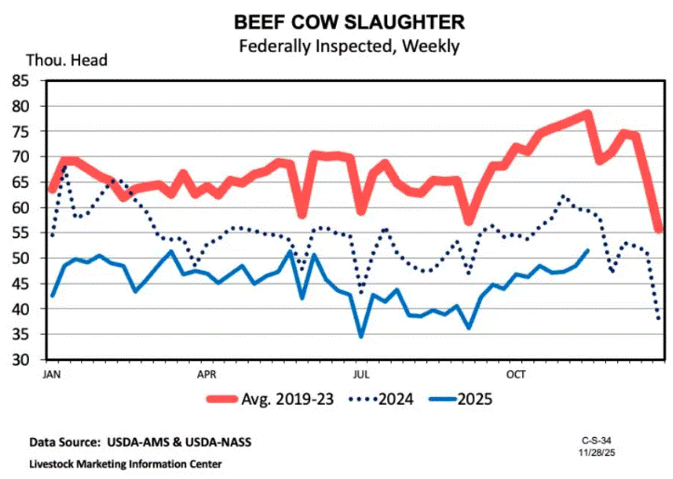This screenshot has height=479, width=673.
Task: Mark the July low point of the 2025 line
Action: point(361,336)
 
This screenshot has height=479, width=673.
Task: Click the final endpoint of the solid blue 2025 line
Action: point(586,250)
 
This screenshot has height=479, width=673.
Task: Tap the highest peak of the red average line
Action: point(587,114)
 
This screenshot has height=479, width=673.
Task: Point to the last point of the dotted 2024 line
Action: point(659,319)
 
